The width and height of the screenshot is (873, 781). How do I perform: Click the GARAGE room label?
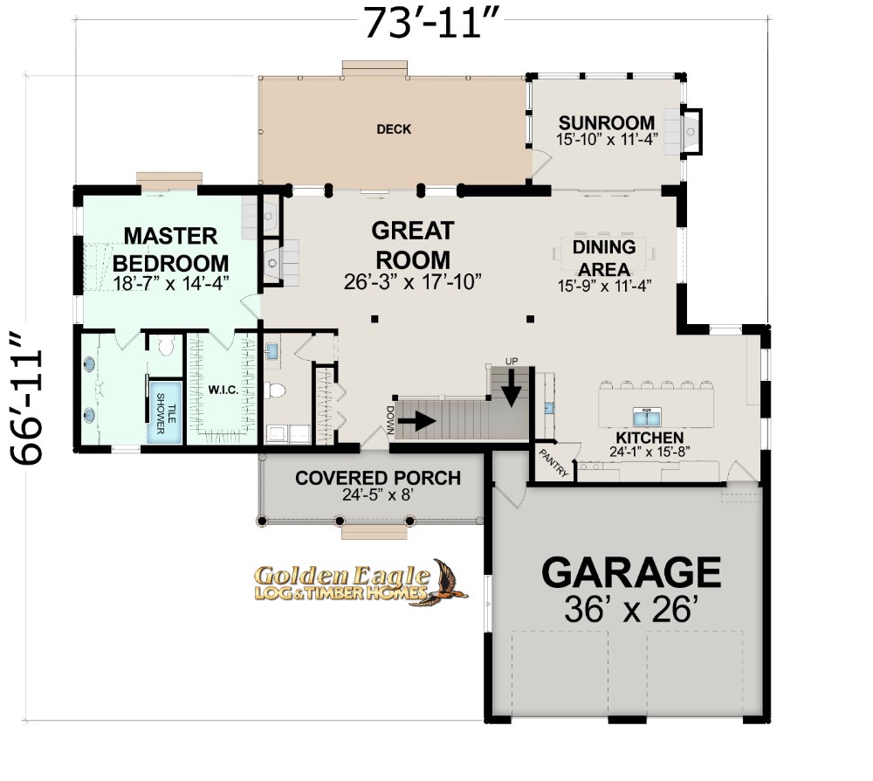click(x=631, y=572)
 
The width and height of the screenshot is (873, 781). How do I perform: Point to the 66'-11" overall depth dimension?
click(x=26, y=398)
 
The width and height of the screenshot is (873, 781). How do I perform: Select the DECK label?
click(x=394, y=129)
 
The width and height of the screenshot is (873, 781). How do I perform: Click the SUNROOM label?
click(x=607, y=122)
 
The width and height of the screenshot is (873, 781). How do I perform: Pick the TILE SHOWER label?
click(x=165, y=413)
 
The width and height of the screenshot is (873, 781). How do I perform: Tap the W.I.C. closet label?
click(x=223, y=390)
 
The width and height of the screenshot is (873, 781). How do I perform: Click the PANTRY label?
click(x=553, y=462)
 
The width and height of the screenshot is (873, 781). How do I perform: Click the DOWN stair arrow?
click(x=417, y=421)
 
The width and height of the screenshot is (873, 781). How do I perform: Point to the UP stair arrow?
click(x=511, y=388)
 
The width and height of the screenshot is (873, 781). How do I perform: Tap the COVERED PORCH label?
click(x=377, y=477)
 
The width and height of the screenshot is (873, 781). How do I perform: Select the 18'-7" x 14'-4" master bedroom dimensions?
click(x=171, y=283)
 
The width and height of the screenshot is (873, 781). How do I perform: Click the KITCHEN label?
click(x=650, y=438)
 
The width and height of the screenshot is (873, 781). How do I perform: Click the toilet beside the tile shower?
click(x=165, y=345)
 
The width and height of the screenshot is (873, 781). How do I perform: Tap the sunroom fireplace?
click(x=691, y=131)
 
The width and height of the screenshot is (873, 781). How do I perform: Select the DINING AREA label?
click(x=604, y=258)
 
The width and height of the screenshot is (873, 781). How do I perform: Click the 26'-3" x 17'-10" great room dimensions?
click(x=412, y=282)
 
